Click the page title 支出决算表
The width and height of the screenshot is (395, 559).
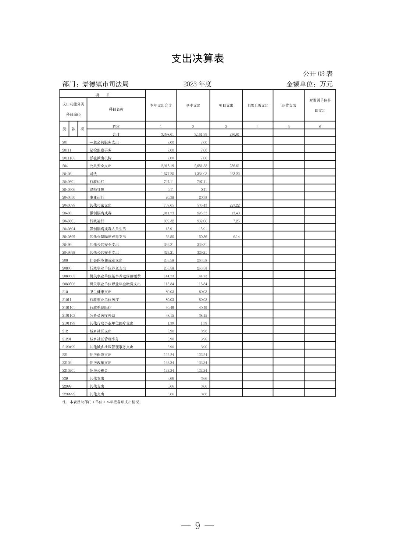(197, 58)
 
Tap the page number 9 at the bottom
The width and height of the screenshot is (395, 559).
(197, 526)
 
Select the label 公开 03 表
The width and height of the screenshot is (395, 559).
(318, 74)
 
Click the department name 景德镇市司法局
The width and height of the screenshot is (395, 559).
(106, 84)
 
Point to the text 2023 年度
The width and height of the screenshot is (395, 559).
(197, 84)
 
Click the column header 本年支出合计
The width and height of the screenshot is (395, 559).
(161, 106)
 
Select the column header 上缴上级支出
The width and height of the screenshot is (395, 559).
(257, 106)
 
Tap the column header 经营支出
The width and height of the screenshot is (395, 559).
(289, 106)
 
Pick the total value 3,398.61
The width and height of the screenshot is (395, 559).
(167, 135)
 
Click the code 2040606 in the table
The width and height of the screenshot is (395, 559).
(69, 190)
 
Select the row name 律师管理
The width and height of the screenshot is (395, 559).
(97, 190)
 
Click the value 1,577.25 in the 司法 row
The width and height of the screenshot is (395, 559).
(167, 174)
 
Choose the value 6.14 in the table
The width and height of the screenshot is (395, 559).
(236, 237)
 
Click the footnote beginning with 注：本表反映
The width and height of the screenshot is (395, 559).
(102, 402)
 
